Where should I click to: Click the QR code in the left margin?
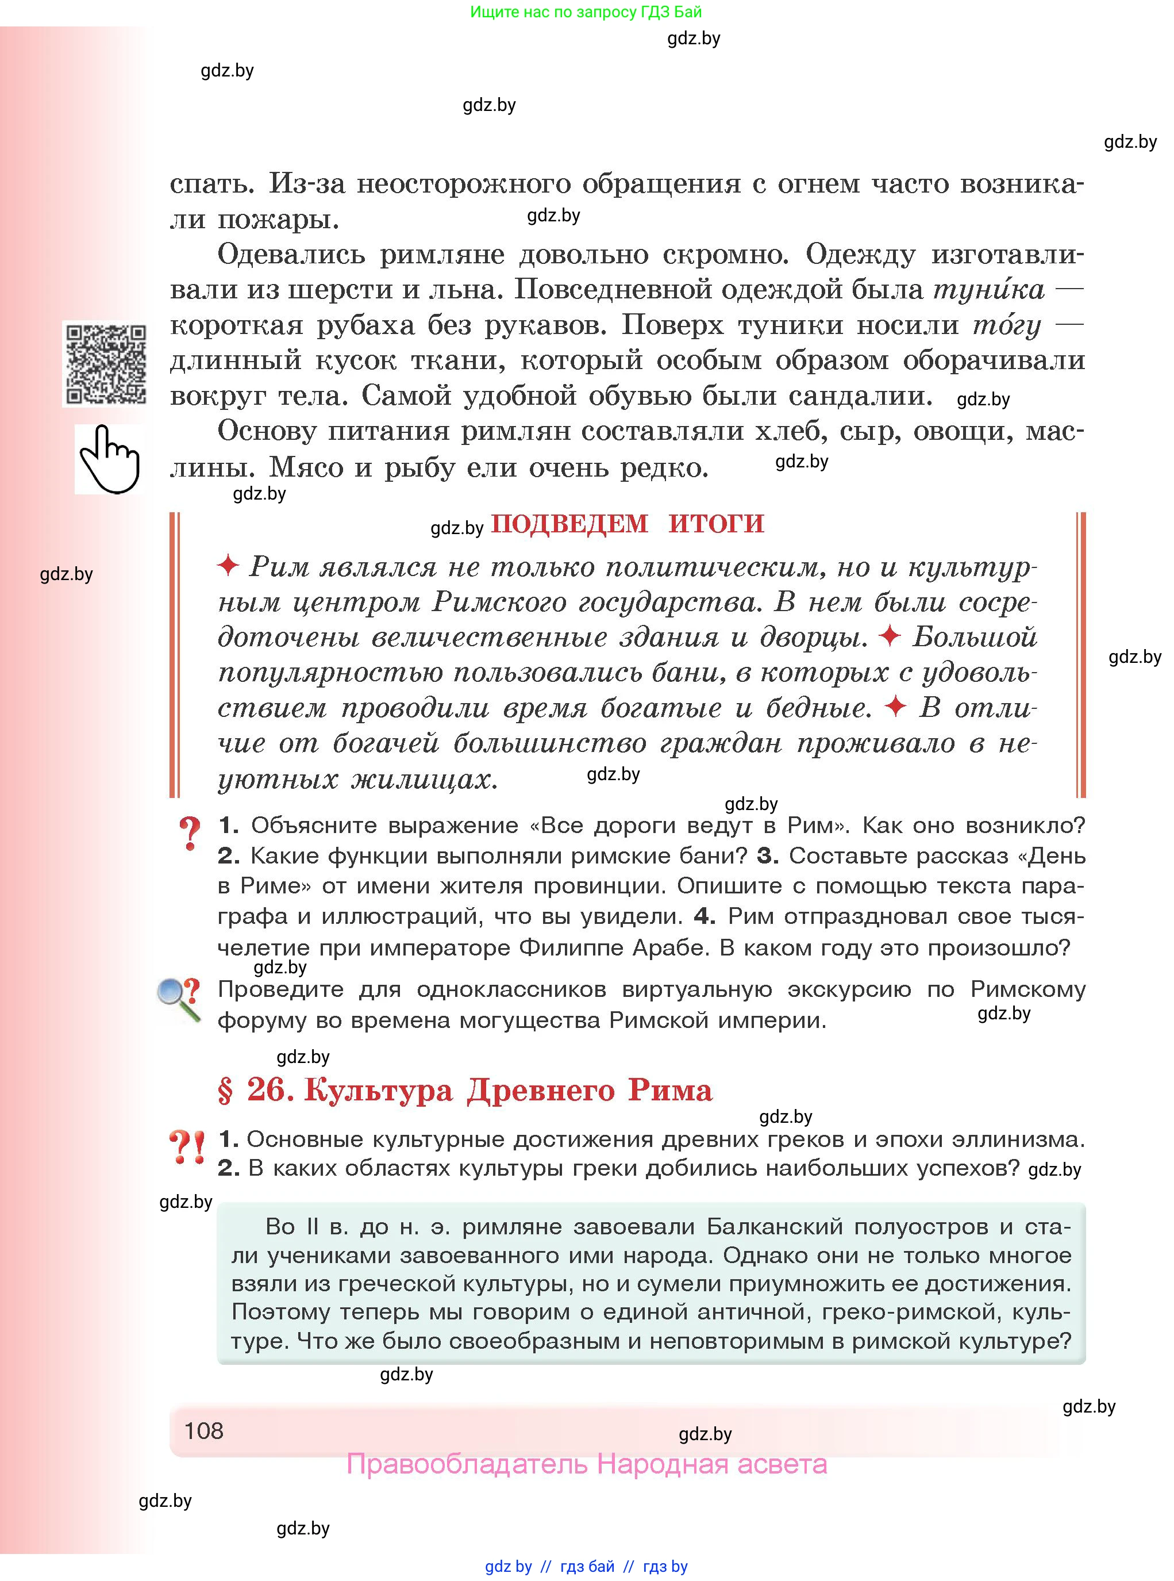105,364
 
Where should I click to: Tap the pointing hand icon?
109,459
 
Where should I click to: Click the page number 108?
203,1430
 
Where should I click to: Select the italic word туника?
988,289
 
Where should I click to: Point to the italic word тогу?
1006,325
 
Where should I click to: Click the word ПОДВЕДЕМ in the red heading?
569,524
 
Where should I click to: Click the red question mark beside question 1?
190,832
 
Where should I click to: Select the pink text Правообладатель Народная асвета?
586,1464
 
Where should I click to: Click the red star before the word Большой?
890,635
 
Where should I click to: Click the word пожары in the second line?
278,219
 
